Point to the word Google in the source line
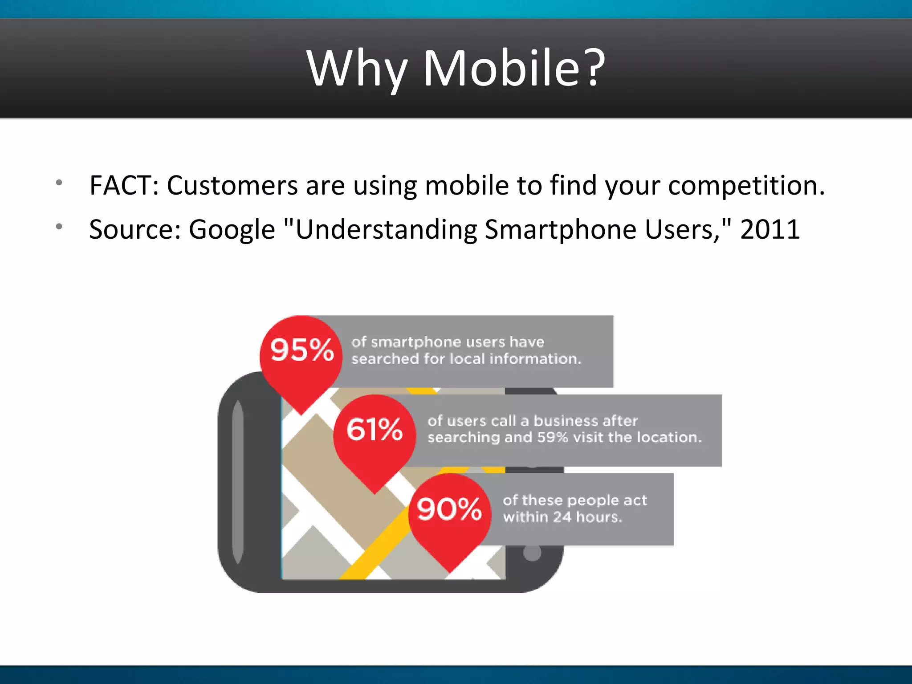pos(232,230)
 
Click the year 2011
pos(770,230)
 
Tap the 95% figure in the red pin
pos(302,350)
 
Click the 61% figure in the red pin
pos(375,429)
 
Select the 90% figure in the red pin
pos(449,509)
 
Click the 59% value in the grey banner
pos(552,438)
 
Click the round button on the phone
pos(532,554)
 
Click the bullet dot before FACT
pos(59,183)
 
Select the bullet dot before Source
pos(59,227)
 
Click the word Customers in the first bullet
pos(232,185)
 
